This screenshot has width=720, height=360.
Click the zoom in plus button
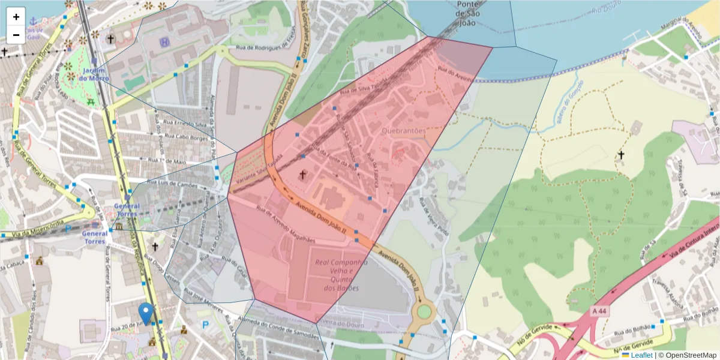tap(16, 17)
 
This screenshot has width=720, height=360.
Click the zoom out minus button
tap(16, 35)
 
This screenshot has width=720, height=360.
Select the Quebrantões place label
tap(403, 130)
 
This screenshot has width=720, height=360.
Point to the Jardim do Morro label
tap(94, 74)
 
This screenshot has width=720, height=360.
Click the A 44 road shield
tap(599, 311)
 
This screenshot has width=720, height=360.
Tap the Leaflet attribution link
tap(641, 355)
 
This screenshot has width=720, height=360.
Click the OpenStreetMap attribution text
tap(688, 355)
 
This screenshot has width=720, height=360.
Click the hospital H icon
tap(164, 43)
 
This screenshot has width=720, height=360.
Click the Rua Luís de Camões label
tap(172, 184)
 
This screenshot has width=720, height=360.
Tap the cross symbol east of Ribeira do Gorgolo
tap(621, 155)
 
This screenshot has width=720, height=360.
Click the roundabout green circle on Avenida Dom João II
tap(424, 311)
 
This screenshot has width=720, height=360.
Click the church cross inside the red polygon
tap(303, 175)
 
